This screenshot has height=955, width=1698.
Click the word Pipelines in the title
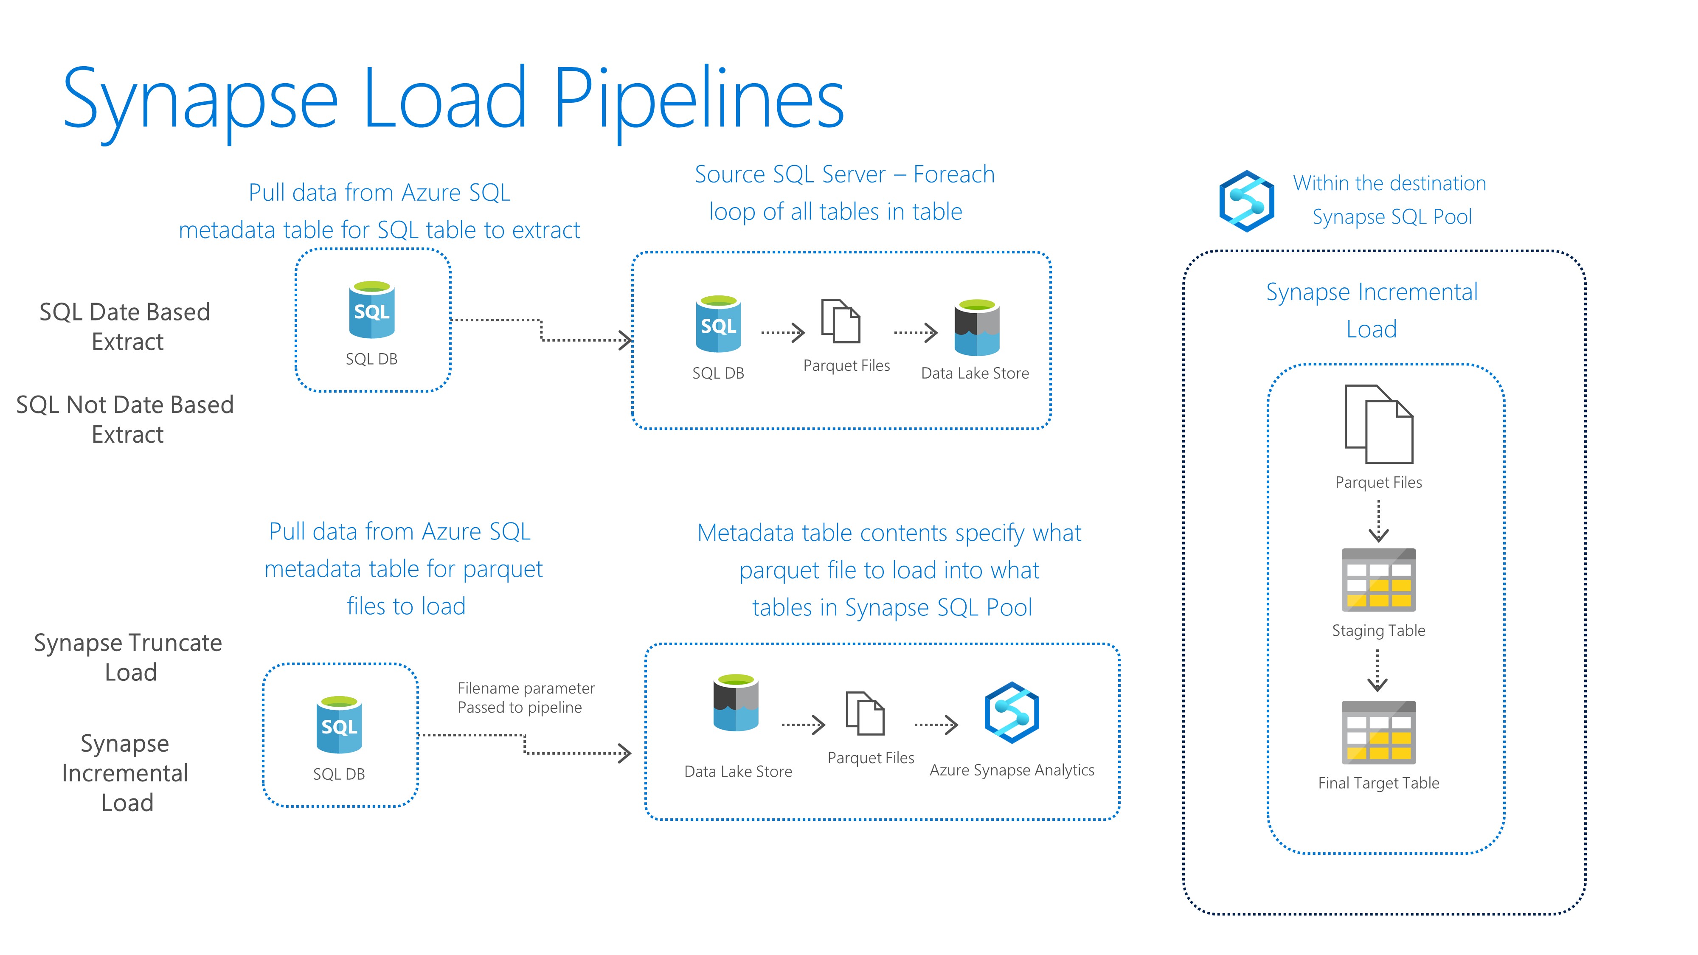[699, 99]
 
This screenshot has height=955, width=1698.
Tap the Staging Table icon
[1378, 580]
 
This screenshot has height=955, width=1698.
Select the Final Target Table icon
[1378, 732]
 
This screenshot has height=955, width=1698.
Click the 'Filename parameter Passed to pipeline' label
[526, 698]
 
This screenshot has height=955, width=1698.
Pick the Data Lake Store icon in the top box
[977, 328]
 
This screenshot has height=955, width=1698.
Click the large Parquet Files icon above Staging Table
[1378, 424]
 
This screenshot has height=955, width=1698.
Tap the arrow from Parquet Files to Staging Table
[1378, 521]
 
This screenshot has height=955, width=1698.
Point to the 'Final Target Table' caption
[1378, 783]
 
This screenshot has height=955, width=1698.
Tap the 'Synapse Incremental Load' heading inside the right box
[1372, 310]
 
